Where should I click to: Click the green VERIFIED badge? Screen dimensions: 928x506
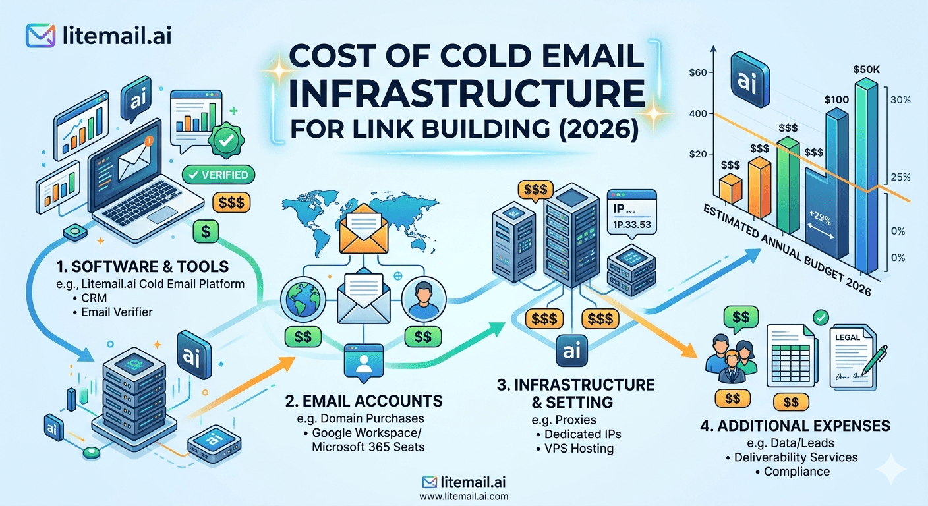point(217,175)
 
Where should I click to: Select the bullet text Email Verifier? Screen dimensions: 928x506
point(117,312)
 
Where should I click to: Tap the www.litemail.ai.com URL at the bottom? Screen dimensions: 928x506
point(463,497)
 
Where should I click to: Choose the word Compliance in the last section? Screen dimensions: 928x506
point(796,472)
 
